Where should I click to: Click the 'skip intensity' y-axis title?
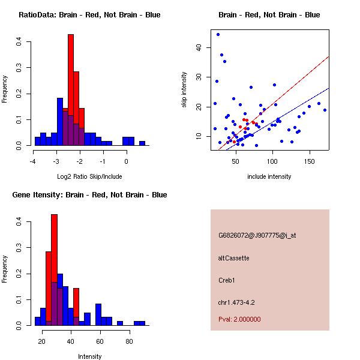(185, 90)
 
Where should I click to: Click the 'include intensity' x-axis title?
(269, 176)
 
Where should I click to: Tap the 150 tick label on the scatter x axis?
(310, 161)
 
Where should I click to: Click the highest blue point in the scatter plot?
(218, 34)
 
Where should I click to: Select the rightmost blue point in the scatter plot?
(325, 110)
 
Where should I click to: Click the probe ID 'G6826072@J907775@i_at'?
(257, 235)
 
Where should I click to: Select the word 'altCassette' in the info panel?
(234, 258)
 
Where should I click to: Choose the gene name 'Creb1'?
(227, 280)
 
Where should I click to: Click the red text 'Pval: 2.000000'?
(239, 319)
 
